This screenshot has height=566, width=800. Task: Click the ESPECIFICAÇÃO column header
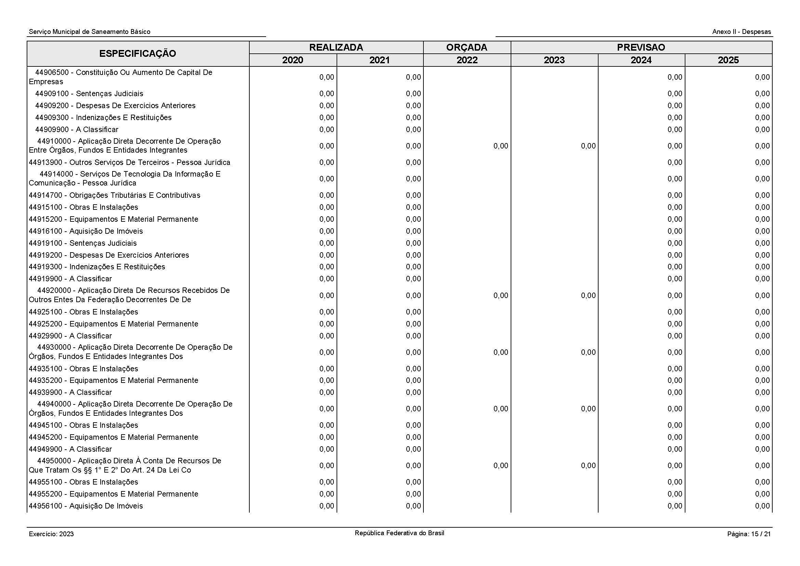[x=137, y=54]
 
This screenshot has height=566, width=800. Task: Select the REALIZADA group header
[x=336, y=48]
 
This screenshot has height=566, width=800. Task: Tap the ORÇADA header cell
[x=467, y=48]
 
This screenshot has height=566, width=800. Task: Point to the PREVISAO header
[x=641, y=48]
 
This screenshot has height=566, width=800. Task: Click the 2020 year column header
[x=293, y=60]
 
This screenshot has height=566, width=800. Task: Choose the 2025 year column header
[x=728, y=60]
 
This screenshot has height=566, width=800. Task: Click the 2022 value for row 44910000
[x=501, y=146]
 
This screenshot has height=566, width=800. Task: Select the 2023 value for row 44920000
[x=588, y=296]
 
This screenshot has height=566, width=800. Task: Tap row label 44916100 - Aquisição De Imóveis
[x=86, y=231]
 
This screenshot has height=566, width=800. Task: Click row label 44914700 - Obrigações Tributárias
[x=114, y=195]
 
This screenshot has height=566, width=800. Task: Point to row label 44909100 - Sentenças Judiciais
[x=89, y=93]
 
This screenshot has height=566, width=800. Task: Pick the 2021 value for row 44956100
[x=413, y=506]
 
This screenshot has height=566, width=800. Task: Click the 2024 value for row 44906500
[x=674, y=77]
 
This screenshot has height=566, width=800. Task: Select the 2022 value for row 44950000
[x=501, y=466]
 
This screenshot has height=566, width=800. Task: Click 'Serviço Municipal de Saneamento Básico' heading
[x=90, y=32]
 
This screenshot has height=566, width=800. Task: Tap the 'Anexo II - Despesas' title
[x=742, y=32]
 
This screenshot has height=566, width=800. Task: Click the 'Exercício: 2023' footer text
[x=51, y=534]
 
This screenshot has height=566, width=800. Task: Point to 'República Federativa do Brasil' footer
[x=399, y=533]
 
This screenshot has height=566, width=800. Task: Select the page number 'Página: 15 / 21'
[x=749, y=534]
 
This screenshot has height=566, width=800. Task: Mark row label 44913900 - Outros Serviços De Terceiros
[x=129, y=163]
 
